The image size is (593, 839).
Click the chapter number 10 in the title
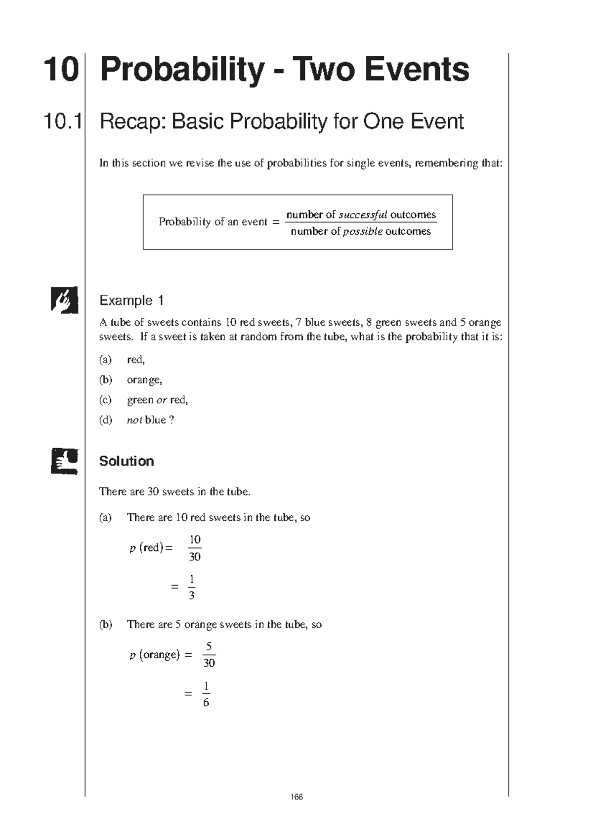pos(61,70)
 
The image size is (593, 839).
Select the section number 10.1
pos(63,122)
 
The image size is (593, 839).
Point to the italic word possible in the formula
pos(363,232)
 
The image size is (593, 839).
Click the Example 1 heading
pos(131,300)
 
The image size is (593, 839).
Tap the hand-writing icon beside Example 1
pos(64,299)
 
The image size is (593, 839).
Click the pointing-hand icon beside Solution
pos(64,461)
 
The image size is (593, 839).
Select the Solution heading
pos(127,461)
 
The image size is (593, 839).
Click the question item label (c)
pos(105,400)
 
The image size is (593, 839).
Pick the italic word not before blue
pos(134,420)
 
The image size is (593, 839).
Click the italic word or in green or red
pos(162,400)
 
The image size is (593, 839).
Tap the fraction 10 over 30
pos(195,548)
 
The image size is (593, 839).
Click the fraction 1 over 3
pos(192,587)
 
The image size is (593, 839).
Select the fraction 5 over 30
pos(209,655)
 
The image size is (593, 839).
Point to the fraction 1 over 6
pos(206,694)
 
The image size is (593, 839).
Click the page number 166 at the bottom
pos(296,797)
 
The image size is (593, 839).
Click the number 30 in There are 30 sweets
pos(153,492)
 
